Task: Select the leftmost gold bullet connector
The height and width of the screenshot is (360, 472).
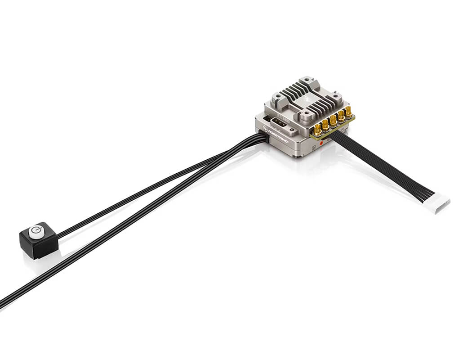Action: point(318,130)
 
